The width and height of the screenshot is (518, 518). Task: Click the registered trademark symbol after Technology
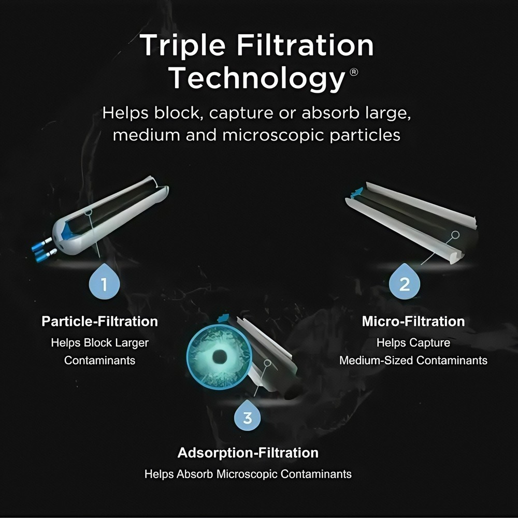coord(354,71)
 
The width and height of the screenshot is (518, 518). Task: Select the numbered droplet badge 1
coord(104,284)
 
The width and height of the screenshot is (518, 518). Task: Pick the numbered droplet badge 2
coord(405,284)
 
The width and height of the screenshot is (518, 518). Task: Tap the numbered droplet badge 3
coord(248,417)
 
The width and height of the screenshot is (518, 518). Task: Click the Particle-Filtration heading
coord(99,321)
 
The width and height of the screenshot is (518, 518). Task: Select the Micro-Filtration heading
coord(413,321)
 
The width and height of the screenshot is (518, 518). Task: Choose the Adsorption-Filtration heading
coord(248,453)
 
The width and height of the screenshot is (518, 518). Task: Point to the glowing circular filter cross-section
coord(219,356)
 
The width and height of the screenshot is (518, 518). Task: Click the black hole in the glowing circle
coord(220,356)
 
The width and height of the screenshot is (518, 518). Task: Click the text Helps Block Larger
coord(99,342)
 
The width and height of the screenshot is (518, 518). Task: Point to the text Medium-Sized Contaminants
coord(413,359)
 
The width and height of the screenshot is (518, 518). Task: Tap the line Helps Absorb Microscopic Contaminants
coord(248,474)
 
